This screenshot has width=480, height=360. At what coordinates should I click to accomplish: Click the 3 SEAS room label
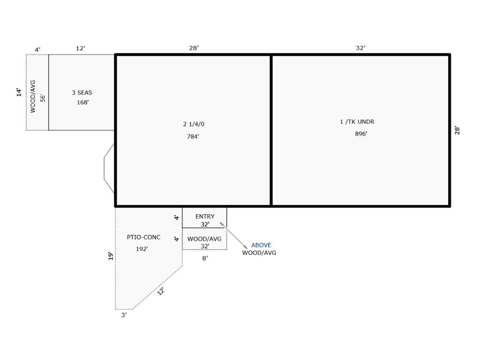click(82, 92)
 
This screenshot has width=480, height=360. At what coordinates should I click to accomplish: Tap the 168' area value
click(82, 102)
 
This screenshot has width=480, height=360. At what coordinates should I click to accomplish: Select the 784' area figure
click(193, 136)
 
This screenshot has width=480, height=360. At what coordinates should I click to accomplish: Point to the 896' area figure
click(361, 134)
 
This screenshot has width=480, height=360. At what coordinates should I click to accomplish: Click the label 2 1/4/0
click(194, 124)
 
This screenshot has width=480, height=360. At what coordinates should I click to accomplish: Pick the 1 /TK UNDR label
click(357, 121)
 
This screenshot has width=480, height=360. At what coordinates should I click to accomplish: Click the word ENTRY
click(205, 217)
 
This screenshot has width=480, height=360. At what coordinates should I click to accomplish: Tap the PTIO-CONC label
click(143, 237)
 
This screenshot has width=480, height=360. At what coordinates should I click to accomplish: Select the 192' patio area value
click(142, 249)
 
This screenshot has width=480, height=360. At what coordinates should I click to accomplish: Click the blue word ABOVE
click(261, 245)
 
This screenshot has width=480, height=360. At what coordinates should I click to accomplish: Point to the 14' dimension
click(19, 92)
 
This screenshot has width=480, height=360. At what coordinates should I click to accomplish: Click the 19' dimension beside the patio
click(111, 256)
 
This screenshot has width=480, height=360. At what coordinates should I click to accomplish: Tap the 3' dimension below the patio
click(124, 315)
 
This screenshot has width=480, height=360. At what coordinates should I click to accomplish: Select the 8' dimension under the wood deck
click(205, 258)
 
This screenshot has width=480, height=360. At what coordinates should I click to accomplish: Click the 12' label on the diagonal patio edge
click(161, 291)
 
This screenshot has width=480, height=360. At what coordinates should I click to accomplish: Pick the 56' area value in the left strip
click(43, 98)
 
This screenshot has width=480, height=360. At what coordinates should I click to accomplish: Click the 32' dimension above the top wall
click(360, 48)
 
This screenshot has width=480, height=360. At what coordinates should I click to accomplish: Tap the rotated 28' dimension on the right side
click(457, 130)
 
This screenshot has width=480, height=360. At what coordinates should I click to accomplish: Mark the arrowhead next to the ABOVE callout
click(246, 247)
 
